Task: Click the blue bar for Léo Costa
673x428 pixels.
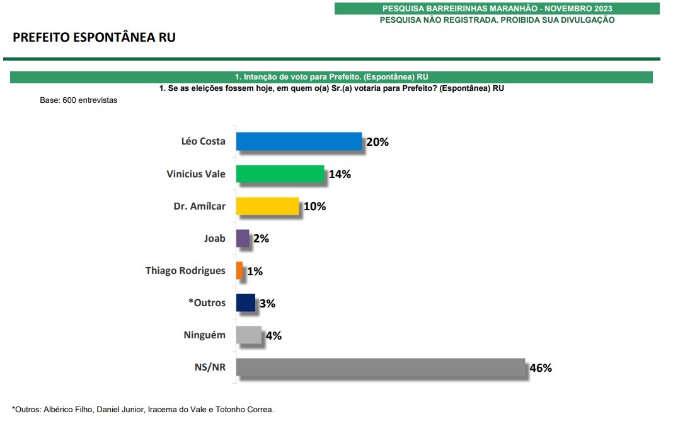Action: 299,141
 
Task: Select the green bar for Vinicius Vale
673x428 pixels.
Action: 280,174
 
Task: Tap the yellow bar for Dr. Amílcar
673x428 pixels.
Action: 267,206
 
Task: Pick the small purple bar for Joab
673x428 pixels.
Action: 243,238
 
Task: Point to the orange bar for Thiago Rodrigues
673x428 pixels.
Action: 239,270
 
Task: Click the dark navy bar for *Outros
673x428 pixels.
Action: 245,302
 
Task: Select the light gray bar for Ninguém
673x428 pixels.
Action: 248,335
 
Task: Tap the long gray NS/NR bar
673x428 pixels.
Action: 381,367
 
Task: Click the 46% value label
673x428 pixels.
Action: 541,367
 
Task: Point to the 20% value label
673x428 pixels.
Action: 377,142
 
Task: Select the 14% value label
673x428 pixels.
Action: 340,174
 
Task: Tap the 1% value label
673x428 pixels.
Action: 255,271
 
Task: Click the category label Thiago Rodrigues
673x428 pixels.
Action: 185,270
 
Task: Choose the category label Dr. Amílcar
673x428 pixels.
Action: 199,206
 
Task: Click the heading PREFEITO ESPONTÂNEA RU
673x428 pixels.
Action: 94,37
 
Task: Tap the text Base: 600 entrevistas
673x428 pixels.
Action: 79,100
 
